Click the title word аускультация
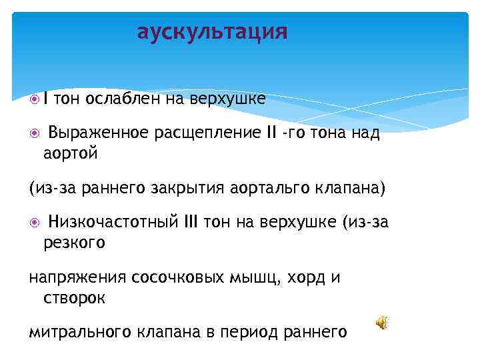pyautogui.click(x=212, y=32)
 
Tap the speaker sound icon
pyautogui.click(x=381, y=323)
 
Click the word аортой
pyautogui.click(x=71, y=154)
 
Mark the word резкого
pyautogui.click(x=74, y=243)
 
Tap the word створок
pyautogui.click(x=74, y=299)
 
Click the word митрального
pyautogui.click(x=81, y=332)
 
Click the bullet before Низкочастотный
pyautogui.click(x=35, y=222)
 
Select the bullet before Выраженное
pyautogui.click(x=35, y=133)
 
